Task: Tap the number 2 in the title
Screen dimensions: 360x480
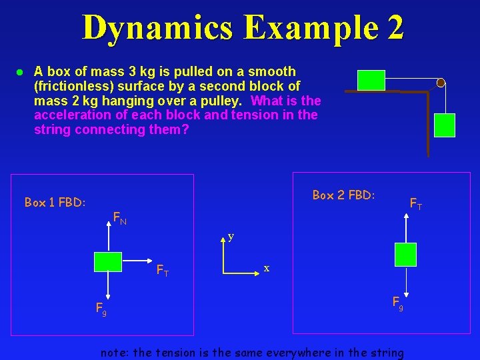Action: point(393,27)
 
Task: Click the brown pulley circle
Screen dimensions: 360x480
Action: point(441,83)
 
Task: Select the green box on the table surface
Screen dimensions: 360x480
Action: point(371,80)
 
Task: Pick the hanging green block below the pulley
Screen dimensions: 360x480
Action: point(445,125)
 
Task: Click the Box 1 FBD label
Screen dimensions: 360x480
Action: point(55,202)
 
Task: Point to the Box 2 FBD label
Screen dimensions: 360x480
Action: point(343,195)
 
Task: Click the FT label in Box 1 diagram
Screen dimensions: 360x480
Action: point(162,271)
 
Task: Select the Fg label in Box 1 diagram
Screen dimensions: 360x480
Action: point(101,309)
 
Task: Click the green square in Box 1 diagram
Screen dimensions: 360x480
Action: point(107,262)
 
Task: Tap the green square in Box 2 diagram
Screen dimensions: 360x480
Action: point(405,254)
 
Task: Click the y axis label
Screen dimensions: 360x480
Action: point(231,236)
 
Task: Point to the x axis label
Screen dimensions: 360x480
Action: point(266,268)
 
